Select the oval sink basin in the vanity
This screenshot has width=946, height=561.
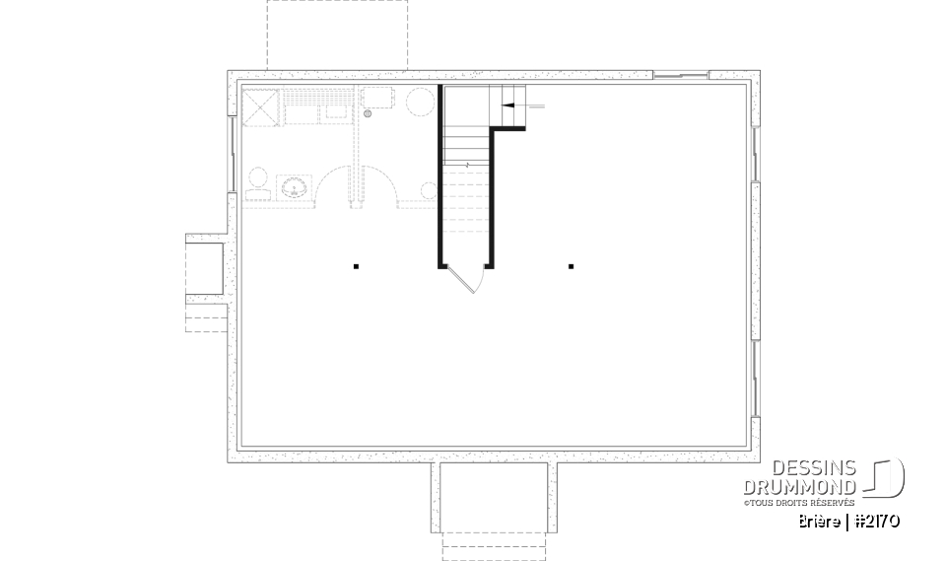294,185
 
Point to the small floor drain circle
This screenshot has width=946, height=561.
368,114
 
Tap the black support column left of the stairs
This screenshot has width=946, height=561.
356,265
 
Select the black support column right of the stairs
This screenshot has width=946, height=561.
571,265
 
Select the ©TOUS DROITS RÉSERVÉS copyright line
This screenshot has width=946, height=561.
798,503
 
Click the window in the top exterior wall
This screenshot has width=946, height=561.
681,75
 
